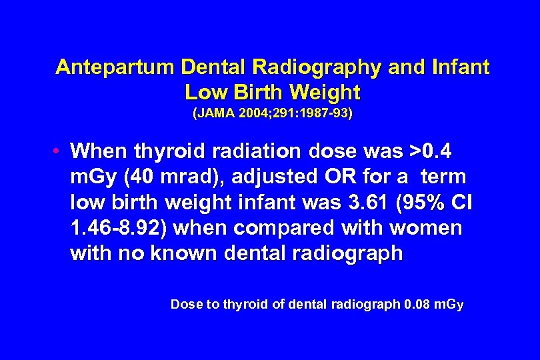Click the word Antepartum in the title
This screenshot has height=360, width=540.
115,67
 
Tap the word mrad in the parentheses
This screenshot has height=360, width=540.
167,177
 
